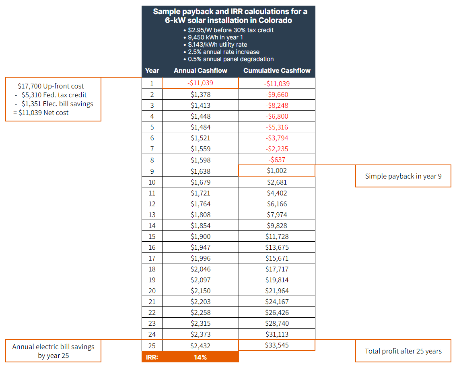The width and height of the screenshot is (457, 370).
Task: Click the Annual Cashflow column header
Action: (x=200, y=71)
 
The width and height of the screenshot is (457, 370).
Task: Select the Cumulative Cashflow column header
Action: (x=277, y=71)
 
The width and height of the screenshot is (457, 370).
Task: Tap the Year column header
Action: (x=152, y=71)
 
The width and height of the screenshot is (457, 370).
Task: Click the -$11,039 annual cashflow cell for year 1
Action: (x=200, y=83)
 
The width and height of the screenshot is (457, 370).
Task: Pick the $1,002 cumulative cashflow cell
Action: (x=277, y=171)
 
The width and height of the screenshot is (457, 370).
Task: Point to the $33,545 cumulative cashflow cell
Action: (x=277, y=345)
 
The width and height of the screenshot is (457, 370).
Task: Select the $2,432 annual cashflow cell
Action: (x=200, y=345)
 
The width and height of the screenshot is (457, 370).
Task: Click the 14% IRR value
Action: (x=200, y=357)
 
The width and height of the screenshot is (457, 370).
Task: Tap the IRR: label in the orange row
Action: (x=152, y=357)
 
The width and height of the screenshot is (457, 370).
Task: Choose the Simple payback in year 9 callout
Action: (x=403, y=176)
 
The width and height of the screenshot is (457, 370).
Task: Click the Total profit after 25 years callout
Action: (x=403, y=351)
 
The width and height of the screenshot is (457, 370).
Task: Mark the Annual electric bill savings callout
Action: (x=53, y=351)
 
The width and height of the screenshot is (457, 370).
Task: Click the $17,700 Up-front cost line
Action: (x=51, y=86)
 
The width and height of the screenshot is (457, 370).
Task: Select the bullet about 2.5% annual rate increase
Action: (x=224, y=52)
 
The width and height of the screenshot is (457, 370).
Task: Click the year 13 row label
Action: (x=152, y=215)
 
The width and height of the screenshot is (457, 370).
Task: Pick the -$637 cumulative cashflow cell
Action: (x=277, y=160)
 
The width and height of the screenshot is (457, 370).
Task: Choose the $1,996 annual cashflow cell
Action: (x=200, y=258)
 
